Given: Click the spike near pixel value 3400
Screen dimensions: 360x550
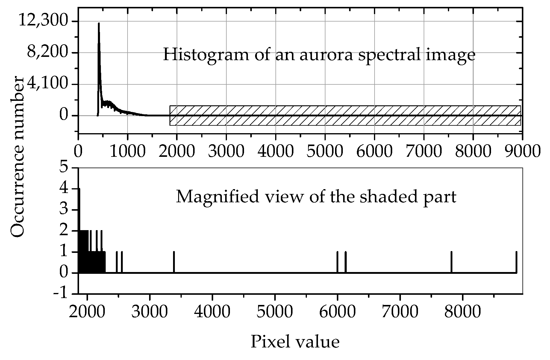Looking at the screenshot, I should (x=174, y=262).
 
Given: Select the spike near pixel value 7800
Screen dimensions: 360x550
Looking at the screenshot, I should (x=451, y=262).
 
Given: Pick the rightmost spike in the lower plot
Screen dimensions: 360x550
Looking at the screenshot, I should (x=516, y=262).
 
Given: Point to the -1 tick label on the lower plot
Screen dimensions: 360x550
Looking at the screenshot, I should (x=61, y=294).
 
